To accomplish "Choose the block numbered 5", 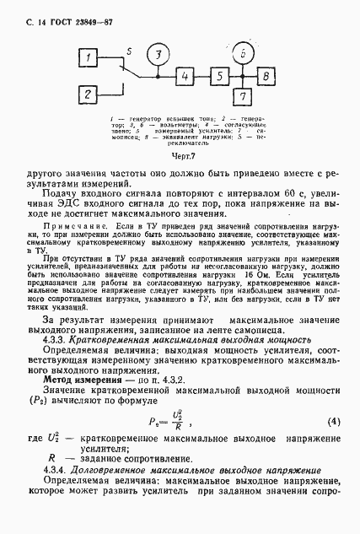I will (218, 77).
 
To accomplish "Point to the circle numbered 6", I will (242, 54).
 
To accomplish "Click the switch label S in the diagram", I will (126, 52).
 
